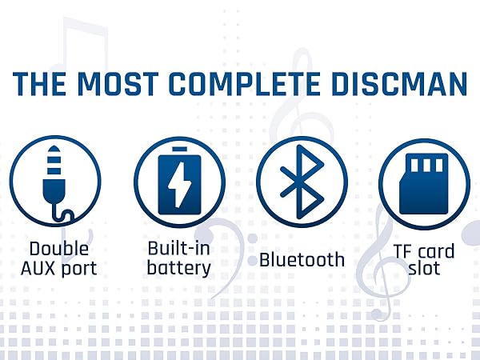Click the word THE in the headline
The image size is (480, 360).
point(39,83)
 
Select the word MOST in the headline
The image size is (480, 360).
point(118,83)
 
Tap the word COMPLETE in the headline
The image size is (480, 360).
point(245,83)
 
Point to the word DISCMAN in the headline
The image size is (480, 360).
point(399,83)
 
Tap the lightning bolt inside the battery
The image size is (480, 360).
point(180,184)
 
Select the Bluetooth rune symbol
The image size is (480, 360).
point(302,182)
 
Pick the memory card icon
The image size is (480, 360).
point(424,184)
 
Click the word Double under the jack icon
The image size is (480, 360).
point(59,248)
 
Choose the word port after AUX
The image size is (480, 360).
point(79,269)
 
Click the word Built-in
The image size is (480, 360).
point(179,248)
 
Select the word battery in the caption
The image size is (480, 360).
point(179,268)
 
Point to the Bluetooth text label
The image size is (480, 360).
point(302,259)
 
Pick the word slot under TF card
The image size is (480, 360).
point(424,268)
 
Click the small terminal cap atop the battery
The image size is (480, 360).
point(179,149)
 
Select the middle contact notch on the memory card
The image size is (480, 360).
point(426,166)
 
